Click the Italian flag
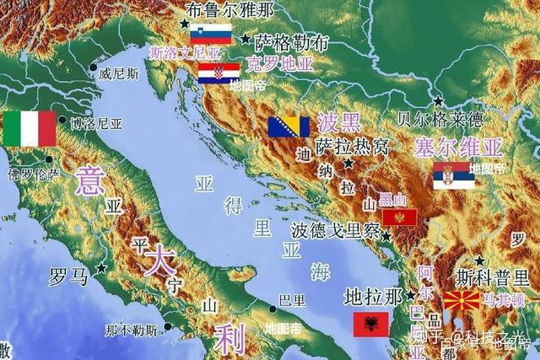(30, 128)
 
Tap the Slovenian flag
(210, 34)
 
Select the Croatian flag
(219, 73)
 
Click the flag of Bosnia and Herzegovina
(289, 127)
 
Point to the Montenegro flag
(399, 218)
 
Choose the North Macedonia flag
(462, 301)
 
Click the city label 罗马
(68, 276)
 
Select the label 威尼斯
(118, 73)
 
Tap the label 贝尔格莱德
(440, 118)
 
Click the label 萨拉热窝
(353, 146)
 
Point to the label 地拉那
(374, 296)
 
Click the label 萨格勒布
(291, 41)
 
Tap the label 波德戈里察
(335, 229)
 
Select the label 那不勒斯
(130, 330)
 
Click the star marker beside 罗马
(102, 268)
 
